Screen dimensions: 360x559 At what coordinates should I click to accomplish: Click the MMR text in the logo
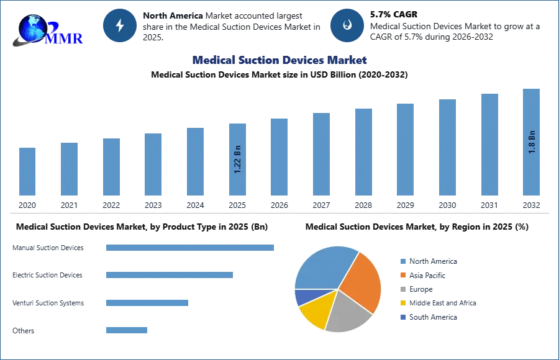click(x=63, y=39)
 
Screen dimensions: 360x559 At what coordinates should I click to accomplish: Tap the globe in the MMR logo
click(x=34, y=28)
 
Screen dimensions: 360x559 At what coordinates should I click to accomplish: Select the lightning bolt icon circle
click(x=120, y=25)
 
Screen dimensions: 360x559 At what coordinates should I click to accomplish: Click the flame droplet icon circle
click(x=348, y=25)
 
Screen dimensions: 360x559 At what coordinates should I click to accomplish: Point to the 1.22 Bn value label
click(x=238, y=159)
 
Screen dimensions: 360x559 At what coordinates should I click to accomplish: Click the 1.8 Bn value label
click(x=532, y=142)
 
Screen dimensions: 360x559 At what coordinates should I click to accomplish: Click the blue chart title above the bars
click(x=279, y=60)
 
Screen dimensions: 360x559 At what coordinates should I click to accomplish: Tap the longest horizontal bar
click(x=191, y=248)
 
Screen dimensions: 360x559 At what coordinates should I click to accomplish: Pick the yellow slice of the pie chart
click(x=314, y=313)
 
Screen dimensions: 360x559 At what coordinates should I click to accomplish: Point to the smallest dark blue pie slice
click(x=302, y=297)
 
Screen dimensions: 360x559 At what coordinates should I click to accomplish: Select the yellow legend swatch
click(x=403, y=303)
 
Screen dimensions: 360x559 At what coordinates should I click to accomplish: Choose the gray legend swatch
click(x=403, y=289)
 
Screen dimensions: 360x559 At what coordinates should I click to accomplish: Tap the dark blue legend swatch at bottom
click(x=403, y=317)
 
